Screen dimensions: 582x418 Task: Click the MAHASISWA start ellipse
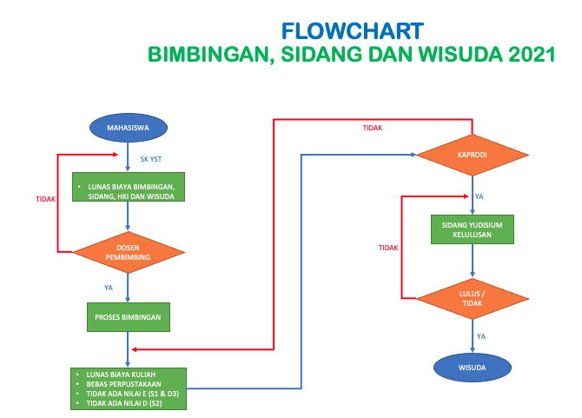[x=129, y=128]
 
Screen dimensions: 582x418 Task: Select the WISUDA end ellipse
[x=473, y=368]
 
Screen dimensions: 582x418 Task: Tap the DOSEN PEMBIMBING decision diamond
[x=129, y=252]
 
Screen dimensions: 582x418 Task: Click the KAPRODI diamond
[x=473, y=155]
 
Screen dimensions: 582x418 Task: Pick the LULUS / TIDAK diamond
[x=473, y=298]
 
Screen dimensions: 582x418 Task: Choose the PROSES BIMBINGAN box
[x=129, y=317]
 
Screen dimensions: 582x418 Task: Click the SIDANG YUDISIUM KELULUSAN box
[x=473, y=229]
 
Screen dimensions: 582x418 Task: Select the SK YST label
[x=150, y=159]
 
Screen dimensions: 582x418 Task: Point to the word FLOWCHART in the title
[x=353, y=31]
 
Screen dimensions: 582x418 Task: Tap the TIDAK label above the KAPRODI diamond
[x=373, y=128]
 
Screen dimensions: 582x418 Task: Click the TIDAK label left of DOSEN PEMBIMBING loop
[x=45, y=199]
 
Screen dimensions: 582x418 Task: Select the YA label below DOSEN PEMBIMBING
[x=109, y=288]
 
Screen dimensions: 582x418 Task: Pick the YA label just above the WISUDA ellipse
[x=481, y=336]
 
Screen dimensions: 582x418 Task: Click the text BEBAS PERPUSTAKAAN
[x=123, y=384]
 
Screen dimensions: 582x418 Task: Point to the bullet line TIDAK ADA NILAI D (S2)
[x=124, y=403]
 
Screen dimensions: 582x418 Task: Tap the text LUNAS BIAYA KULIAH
[x=121, y=375]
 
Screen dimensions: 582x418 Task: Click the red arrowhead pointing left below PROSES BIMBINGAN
[x=135, y=349]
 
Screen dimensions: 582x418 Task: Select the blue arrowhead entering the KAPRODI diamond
[x=413, y=155]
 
